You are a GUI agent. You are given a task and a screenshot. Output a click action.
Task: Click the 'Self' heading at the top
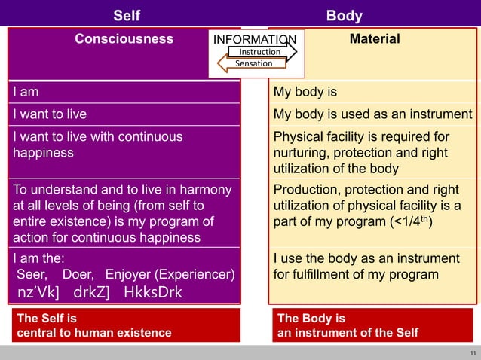(x=126, y=15)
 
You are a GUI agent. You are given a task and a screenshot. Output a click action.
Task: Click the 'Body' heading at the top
(x=344, y=15)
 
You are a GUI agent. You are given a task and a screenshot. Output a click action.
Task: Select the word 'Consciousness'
(x=124, y=39)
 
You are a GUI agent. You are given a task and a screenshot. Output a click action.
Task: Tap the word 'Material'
(x=375, y=39)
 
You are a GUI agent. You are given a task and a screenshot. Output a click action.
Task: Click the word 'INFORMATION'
(x=255, y=40)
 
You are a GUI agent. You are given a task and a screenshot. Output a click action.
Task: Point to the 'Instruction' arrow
(x=259, y=52)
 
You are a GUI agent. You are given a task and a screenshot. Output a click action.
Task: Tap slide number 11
(x=472, y=352)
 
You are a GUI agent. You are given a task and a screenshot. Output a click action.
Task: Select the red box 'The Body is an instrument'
(x=373, y=325)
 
